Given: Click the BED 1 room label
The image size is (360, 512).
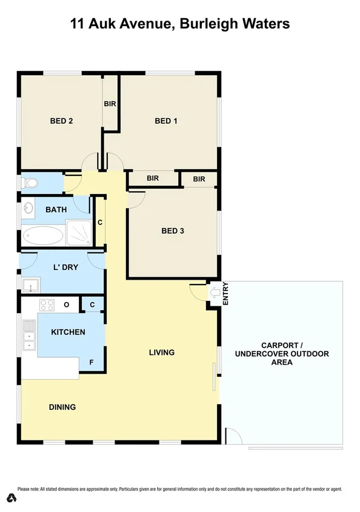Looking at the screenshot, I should click(x=166, y=121).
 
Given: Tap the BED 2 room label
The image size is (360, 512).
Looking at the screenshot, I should click(x=61, y=121).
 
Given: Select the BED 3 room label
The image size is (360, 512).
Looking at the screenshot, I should click(x=173, y=231).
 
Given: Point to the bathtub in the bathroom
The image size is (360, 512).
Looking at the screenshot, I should click(x=42, y=235).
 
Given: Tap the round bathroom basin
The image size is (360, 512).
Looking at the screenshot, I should click(x=28, y=209).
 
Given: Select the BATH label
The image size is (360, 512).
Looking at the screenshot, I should click(x=56, y=210).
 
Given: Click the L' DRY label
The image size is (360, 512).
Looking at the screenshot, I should click(x=65, y=267).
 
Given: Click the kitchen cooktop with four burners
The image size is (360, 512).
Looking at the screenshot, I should click(x=47, y=305).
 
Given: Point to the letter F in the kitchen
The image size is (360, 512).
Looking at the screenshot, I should click(x=92, y=363).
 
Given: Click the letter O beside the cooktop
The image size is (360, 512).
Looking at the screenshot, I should click(x=66, y=305).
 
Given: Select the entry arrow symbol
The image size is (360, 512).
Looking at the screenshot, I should click(x=214, y=293).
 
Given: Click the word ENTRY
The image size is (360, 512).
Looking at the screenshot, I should click(x=225, y=293).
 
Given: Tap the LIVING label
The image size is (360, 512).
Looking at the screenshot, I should click(x=162, y=352).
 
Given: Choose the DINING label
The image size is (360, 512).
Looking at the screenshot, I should click(x=62, y=407).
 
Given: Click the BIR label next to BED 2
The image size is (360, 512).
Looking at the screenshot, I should click(x=110, y=104).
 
